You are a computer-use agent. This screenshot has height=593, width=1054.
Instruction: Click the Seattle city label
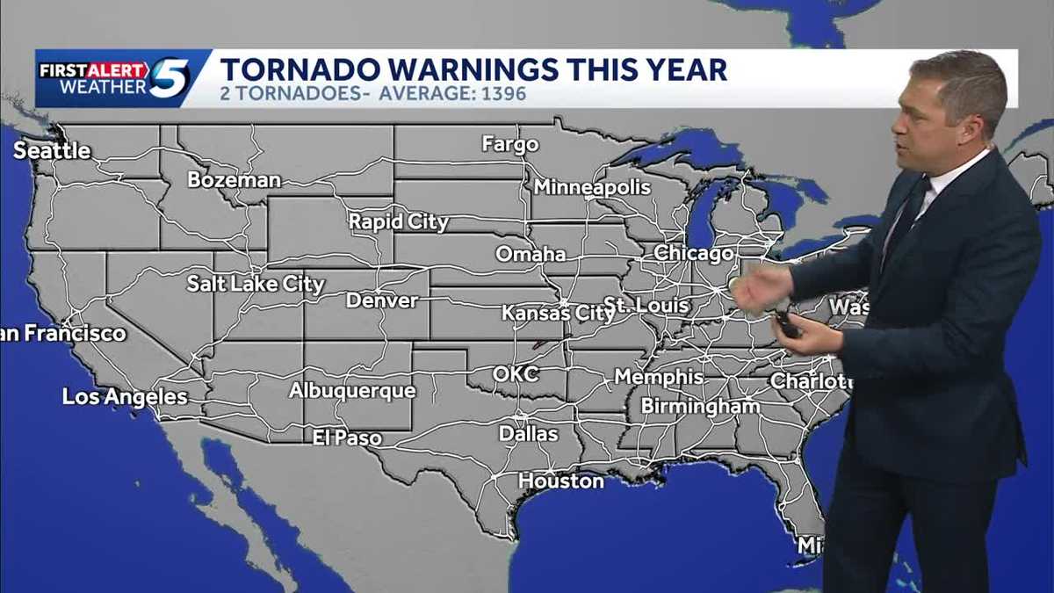[52, 151]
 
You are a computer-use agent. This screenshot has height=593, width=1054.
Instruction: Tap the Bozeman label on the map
[234, 180]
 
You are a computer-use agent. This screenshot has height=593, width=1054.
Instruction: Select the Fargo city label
[509, 144]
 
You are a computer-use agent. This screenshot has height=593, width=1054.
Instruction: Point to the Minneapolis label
[592, 187]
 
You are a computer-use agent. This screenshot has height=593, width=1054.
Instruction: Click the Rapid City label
[399, 222]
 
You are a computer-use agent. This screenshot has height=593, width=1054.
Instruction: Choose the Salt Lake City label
[256, 284]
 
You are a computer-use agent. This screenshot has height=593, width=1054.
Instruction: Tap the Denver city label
[382, 300]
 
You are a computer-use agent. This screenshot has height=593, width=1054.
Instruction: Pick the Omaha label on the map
[531, 255]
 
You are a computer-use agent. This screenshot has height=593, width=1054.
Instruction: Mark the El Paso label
[347, 438]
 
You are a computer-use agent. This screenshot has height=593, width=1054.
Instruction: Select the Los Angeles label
[125, 397]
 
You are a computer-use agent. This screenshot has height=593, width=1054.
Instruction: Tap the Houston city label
[561, 481]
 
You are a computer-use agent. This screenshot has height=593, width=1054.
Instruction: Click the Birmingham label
[700, 407]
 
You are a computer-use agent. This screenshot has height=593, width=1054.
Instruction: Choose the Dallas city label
[528, 434]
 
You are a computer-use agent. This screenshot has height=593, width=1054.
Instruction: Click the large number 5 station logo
[170, 77]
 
